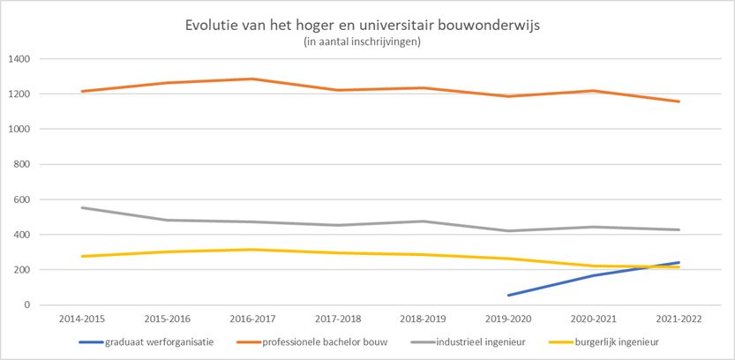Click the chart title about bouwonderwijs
click(x=368, y=25)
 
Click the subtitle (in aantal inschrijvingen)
click(x=368, y=41)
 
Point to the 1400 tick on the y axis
click(x=19, y=59)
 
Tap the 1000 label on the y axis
click(x=19, y=129)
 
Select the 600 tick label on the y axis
click(x=22, y=199)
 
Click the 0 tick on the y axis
click(x=28, y=305)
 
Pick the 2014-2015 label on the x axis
click(x=81, y=317)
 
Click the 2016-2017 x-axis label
click(x=251, y=317)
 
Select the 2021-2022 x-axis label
click(x=678, y=317)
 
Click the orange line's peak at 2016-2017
click(x=251, y=79)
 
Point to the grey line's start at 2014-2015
click(x=81, y=207)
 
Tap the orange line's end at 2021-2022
click(x=679, y=101)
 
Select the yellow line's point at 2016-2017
click(x=251, y=250)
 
